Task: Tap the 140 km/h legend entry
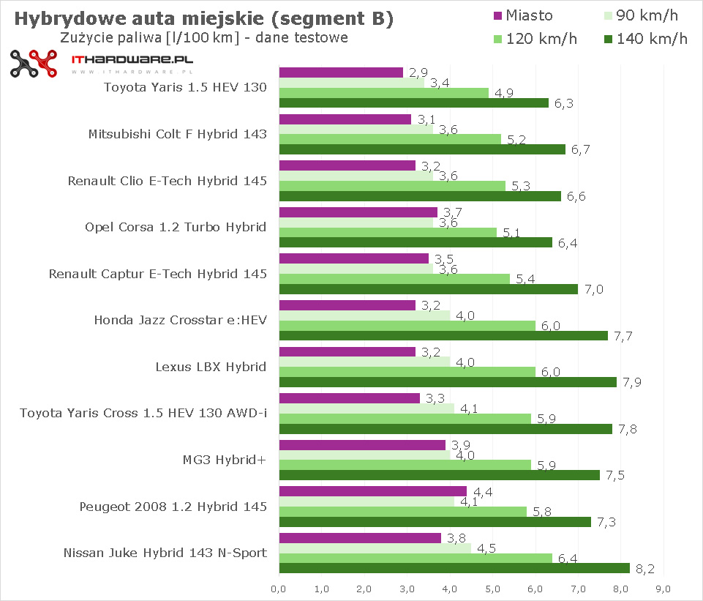[x=644, y=39]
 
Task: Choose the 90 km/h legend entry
[x=644, y=15]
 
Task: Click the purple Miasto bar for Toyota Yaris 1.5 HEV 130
[x=341, y=72]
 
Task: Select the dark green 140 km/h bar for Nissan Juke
[x=454, y=568]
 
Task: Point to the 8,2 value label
[x=642, y=569]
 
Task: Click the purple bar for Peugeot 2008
[x=372, y=491]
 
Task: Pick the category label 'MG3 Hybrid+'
[x=225, y=460]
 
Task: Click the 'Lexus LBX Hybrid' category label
[x=211, y=367]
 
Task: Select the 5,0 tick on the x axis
[x=492, y=588]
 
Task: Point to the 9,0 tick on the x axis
[x=663, y=588]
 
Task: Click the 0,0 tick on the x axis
[x=278, y=588]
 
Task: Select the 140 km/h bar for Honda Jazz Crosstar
[x=443, y=335]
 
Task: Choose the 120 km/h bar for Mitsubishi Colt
[x=390, y=139]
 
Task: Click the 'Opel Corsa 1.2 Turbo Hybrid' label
[x=176, y=227]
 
